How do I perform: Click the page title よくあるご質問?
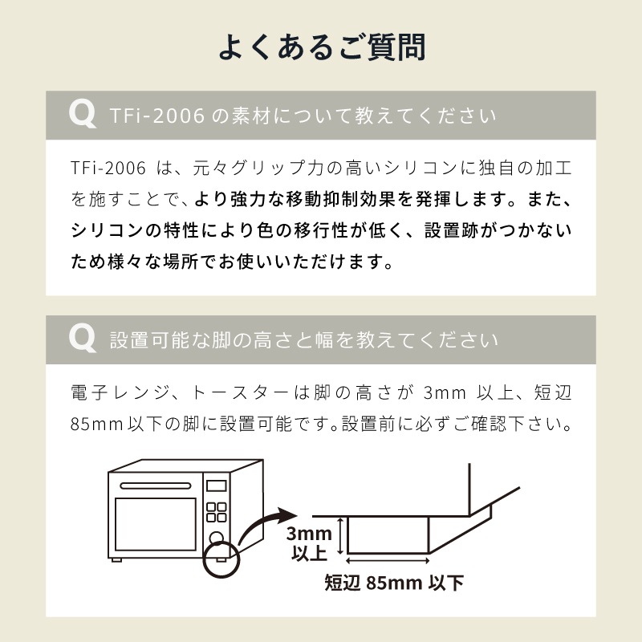322,47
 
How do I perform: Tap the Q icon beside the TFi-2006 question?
83,114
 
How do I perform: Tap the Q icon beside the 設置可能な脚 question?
83,339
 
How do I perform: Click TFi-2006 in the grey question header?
157,116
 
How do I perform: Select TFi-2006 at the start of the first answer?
108,168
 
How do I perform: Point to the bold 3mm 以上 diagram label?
309,543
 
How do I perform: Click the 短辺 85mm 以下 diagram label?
394,583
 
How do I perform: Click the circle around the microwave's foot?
221,559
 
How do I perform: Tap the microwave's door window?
156,524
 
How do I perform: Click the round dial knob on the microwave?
216,538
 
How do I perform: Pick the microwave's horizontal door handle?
156,486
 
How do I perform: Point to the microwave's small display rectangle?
216,486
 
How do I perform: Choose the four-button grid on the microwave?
216,512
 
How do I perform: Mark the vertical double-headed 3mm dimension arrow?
339,536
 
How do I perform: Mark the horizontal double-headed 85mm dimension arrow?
388,560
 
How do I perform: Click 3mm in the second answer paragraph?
445,393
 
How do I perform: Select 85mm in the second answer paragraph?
96,425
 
